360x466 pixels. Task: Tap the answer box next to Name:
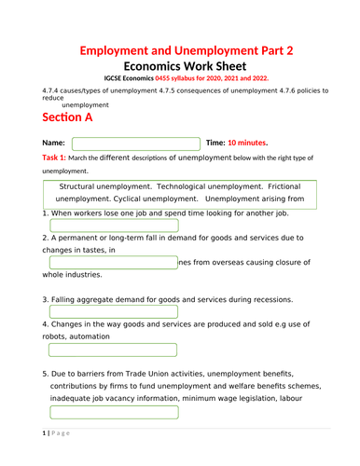click(x=136, y=144)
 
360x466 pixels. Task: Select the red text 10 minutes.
click(x=248, y=143)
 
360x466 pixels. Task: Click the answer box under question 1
click(x=114, y=226)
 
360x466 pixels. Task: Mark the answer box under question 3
click(x=114, y=311)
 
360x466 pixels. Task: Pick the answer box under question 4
click(x=114, y=350)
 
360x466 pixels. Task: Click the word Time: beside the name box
click(x=215, y=143)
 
